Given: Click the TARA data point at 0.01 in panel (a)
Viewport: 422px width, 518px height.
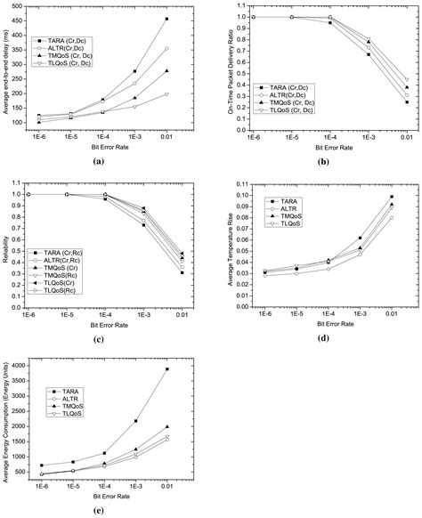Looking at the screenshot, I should (x=166, y=19).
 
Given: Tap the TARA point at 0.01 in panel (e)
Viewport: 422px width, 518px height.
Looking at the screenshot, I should (x=166, y=369).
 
